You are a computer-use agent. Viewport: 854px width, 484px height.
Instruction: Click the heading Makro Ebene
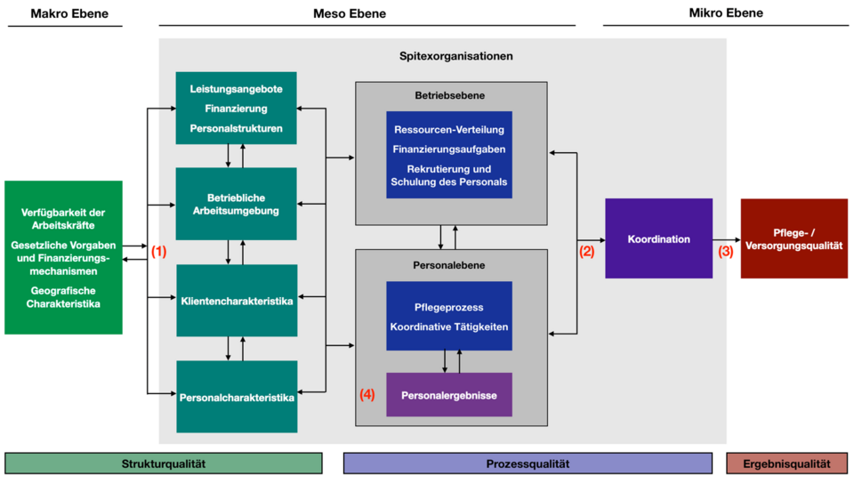point(65,13)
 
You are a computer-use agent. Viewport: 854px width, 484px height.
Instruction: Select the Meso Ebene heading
point(350,13)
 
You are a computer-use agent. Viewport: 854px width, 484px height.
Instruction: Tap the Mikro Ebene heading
point(726,13)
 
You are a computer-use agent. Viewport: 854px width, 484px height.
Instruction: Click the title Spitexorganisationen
point(456,56)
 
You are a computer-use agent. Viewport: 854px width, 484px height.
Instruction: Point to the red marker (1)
point(158,251)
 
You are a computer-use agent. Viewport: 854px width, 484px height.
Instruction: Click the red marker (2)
point(586,251)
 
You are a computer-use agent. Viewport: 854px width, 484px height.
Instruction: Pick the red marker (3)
point(726,251)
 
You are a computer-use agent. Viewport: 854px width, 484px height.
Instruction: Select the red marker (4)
point(367,394)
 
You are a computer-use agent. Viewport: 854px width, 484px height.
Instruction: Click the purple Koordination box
point(658,238)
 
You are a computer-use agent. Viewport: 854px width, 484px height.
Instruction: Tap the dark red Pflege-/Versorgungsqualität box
point(794,238)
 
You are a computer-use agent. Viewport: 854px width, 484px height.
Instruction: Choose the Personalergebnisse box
point(448,394)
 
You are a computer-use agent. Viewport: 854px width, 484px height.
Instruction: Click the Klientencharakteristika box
point(236,301)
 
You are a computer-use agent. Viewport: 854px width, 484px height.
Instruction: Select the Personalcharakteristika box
point(236,397)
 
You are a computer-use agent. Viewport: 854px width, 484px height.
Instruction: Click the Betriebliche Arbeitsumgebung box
point(236,204)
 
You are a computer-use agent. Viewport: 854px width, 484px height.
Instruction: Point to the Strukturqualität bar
point(163,464)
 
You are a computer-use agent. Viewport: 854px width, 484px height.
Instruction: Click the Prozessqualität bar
point(528,464)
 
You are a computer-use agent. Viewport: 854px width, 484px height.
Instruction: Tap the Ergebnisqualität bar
point(787,464)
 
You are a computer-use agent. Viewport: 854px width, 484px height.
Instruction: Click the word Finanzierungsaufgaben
point(448,149)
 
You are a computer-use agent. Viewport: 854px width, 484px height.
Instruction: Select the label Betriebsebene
point(449,95)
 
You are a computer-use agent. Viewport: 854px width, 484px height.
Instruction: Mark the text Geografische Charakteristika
point(64,297)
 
